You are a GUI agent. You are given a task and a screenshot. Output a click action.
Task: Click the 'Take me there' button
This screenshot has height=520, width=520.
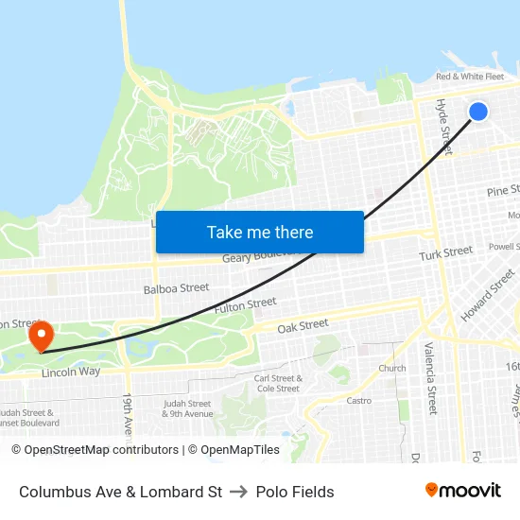pos(260,233)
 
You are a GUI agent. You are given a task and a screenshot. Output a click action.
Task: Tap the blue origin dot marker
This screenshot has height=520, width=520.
pos(478,112)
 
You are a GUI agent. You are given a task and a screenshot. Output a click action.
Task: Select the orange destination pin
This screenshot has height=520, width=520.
pos(41,336)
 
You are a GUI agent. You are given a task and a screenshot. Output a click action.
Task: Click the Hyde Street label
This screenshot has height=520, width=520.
pos(442,122)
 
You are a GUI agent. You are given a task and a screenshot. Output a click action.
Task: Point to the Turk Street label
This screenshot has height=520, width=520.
pos(445,253)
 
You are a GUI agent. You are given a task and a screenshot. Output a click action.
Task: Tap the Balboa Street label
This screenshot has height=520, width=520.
pos(176,287)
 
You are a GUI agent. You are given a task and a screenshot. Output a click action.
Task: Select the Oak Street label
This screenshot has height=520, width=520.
pos(303,325)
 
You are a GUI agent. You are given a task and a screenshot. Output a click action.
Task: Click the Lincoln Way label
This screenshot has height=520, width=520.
pos(71,373)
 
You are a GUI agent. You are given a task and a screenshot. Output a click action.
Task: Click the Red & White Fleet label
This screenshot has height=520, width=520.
pos(470,77)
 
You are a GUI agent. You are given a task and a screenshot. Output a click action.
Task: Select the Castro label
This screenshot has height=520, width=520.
pos(358,401)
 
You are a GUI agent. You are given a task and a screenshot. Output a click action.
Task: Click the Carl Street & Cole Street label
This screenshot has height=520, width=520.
pos(277,383)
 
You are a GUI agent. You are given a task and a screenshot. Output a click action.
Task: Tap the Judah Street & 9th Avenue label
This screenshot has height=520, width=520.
pos(187,408)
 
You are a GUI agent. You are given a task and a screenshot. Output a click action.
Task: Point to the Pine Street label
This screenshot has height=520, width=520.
pos(502,191)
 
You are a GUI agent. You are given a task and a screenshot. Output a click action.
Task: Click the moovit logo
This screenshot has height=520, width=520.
pos(463,490)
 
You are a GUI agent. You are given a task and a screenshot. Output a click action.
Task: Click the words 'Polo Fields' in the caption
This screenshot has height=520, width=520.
pos(295,492)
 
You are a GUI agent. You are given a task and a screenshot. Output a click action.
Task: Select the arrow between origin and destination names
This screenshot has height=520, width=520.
pos(238,492)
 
